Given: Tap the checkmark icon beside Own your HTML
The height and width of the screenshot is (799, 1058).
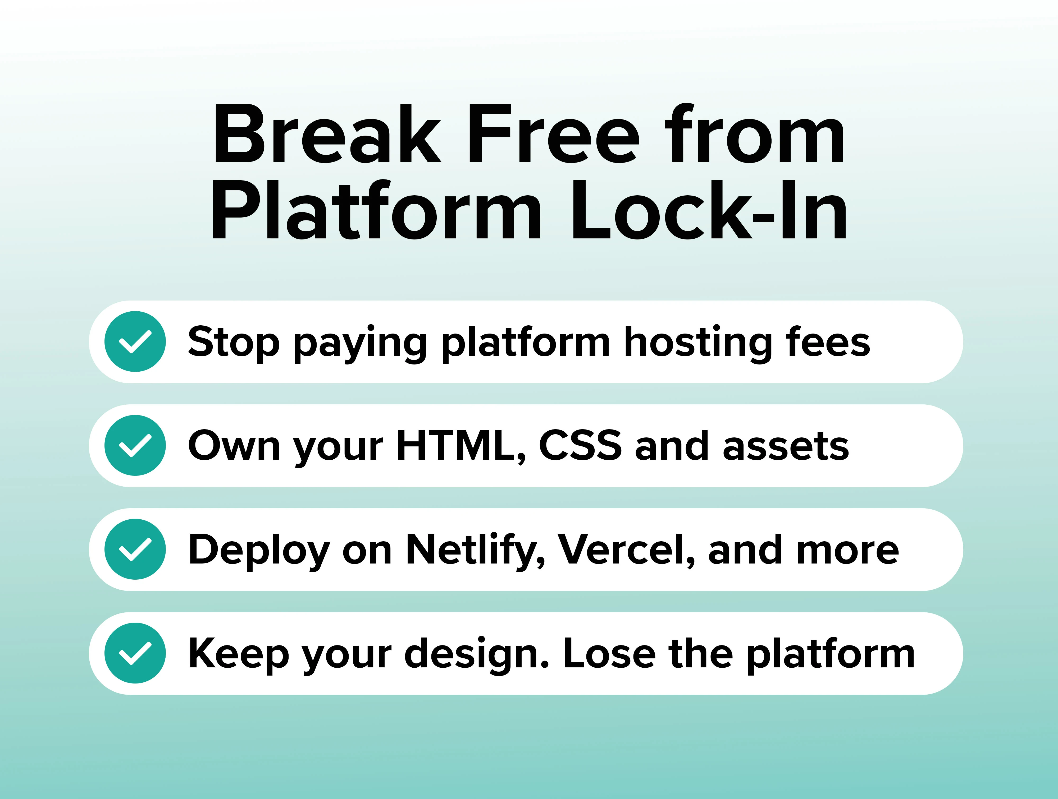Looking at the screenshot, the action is [x=135, y=445].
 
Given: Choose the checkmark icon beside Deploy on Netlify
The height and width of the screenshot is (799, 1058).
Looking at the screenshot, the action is [x=135, y=549].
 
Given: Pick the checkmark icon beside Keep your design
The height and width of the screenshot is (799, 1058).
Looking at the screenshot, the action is [x=135, y=653].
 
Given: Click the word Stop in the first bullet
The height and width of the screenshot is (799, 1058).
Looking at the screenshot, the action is [x=233, y=343].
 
